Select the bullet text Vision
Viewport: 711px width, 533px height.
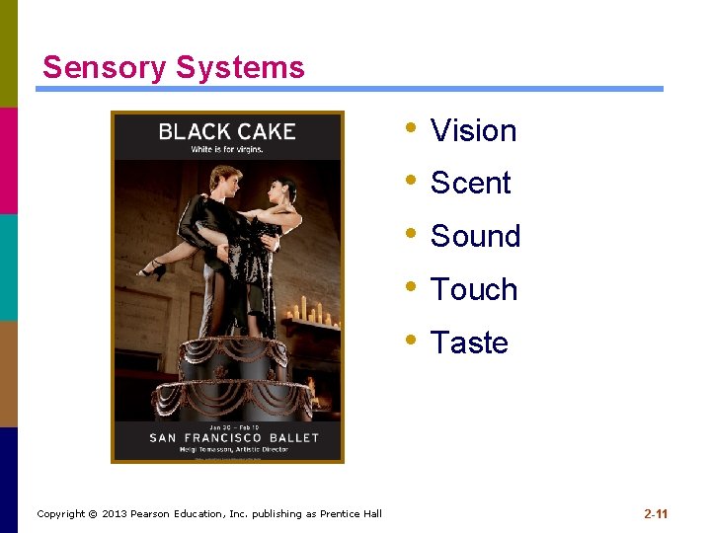tap(473, 130)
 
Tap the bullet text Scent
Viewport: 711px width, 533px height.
tap(470, 184)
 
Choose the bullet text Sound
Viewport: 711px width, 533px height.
tap(475, 237)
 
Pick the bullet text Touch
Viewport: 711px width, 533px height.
tap(474, 290)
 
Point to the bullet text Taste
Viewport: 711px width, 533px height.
tap(469, 343)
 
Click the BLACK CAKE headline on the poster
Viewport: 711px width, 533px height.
tap(227, 131)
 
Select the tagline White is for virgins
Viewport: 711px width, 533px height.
tap(227, 150)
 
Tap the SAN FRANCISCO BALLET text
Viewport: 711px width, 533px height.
tap(234, 437)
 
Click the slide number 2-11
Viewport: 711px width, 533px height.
tap(656, 513)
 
